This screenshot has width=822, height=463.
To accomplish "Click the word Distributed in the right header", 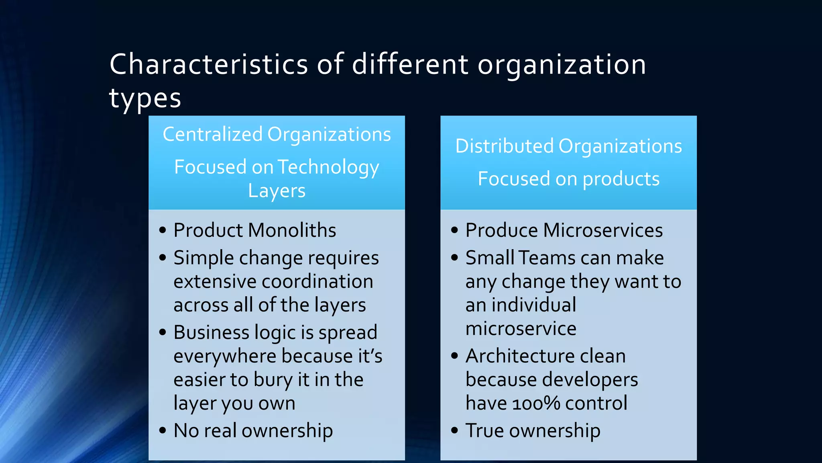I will pos(505,146).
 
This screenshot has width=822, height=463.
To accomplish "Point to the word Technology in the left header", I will pos(328,167).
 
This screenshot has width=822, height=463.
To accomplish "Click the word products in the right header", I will pos(621,179).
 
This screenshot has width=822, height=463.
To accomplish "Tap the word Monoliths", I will pos(292,230).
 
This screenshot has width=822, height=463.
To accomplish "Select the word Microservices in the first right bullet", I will pos(603,230).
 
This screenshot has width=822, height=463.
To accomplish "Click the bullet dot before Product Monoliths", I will pos(163,230).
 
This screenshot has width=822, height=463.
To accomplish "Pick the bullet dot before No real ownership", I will pos(163,430).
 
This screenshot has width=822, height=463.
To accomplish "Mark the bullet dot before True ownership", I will pos(454,430).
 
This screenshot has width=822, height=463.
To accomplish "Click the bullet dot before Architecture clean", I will pos(454,356).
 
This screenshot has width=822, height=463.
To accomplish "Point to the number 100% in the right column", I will pos(536,403).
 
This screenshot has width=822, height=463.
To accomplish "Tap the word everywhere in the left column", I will pos(225,356).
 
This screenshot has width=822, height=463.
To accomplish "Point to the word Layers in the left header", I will pos(277,191).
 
